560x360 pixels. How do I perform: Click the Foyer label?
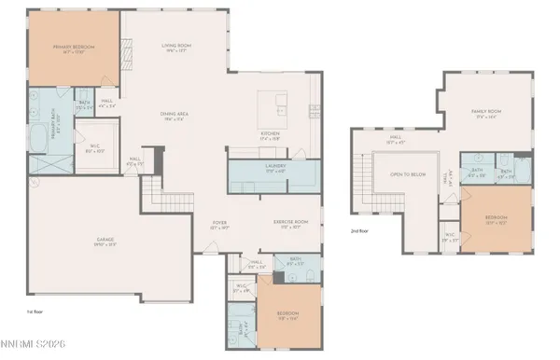[220, 225]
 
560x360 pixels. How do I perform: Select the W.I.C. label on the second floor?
[449, 237]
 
